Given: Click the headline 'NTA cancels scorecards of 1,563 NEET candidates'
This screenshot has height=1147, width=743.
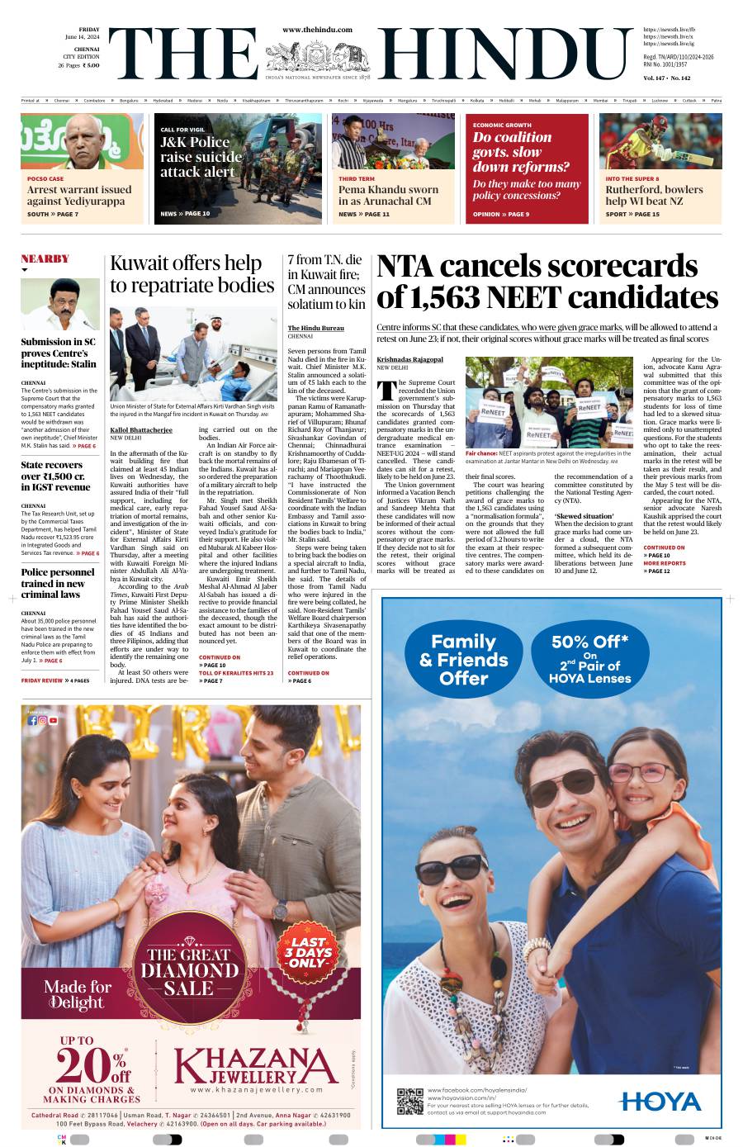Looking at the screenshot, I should click(x=547, y=282).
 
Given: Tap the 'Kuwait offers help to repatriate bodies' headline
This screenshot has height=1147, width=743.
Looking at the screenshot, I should click(x=192, y=274).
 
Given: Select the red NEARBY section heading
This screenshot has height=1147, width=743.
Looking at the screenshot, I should click(x=45, y=258).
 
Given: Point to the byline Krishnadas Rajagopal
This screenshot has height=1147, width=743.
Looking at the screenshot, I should click(x=409, y=359).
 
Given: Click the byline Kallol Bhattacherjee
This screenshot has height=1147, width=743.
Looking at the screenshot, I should click(x=141, y=430).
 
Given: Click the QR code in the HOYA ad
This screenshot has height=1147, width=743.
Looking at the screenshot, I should click(x=410, y=1101).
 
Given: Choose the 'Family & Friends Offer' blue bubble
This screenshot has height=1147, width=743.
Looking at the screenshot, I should click(x=464, y=659).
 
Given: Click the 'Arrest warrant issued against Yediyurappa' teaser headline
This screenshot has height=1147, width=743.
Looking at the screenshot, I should click(x=79, y=195).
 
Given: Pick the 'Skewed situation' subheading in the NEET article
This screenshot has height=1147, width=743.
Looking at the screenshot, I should click(x=584, y=516).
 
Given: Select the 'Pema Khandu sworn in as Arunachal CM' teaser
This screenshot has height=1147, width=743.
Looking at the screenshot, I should click(x=388, y=195).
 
